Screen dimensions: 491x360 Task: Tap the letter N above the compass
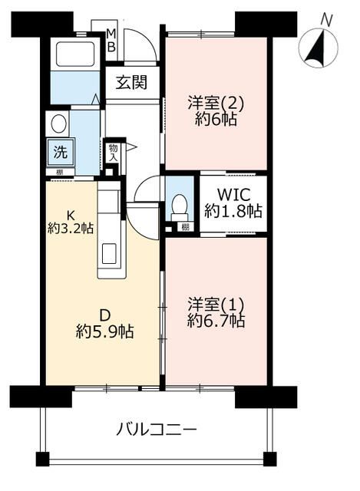point(326,18)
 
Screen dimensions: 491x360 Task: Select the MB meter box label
point(111,40)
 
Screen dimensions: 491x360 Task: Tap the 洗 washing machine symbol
point(59,151)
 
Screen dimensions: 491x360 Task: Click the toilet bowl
point(179,205)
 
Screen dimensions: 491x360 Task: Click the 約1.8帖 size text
point(233,210)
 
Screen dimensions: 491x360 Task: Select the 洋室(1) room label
point(215,304)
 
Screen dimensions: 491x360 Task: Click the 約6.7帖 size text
point(216,321)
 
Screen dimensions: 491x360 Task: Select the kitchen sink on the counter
point(107,252)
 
